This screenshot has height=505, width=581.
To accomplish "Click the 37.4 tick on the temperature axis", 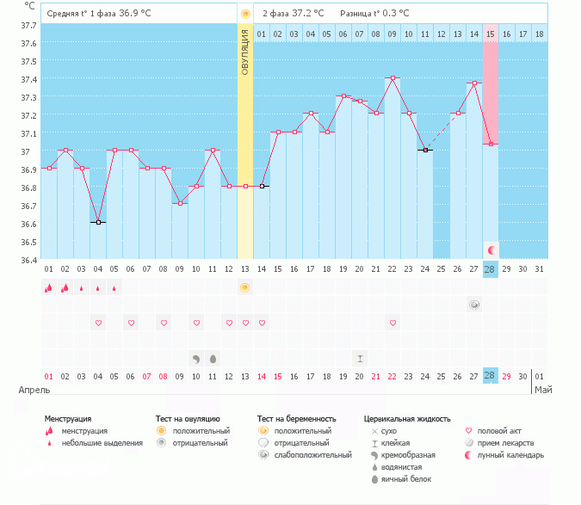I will [28, 79].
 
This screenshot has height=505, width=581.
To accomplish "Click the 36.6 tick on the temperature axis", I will [28, 224].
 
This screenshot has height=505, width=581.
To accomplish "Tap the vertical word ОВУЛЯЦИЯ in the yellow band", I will [245, 52].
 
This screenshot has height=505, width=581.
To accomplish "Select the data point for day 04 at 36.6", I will [99, 222].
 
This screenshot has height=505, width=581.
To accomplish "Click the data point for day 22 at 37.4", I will [392, 77].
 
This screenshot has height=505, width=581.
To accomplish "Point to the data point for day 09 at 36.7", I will [180, 204].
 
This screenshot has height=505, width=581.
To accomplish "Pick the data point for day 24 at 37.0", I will [425, 150].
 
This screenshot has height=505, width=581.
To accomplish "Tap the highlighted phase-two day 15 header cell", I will [491, 34].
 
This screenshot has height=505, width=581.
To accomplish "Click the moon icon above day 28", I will [491, 249].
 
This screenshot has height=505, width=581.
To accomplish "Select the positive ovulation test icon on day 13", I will [245, 287].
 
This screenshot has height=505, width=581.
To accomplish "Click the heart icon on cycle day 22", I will [392, 323].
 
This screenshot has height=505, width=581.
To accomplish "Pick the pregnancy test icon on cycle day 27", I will [474, 305].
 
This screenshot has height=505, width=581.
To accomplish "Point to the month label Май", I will [542, 391].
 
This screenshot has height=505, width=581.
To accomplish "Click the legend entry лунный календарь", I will [511, 455].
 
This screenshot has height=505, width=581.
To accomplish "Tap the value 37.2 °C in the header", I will [308, 14].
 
